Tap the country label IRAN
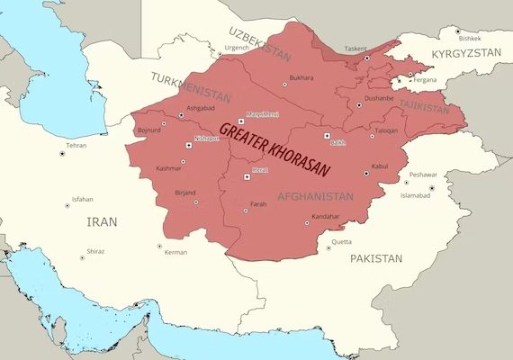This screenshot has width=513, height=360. [x=101, y=220]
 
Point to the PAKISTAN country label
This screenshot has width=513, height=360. [x=376, y=258]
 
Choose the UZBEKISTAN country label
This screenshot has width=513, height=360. [x=260, y=44]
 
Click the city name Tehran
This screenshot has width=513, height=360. [x=77, y=145]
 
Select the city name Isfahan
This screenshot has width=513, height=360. [x=82, y=198]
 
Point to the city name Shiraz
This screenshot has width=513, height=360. [x=95, y=251]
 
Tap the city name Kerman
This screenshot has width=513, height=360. [x=175, y=252]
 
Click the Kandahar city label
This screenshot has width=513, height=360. [x=326, y=217]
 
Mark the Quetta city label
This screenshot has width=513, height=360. [x=341, y=241]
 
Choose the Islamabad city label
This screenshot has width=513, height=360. [x=417, y=195]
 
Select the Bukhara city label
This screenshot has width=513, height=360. [x=301, y=77]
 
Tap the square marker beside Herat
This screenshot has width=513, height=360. [x=247, y=177]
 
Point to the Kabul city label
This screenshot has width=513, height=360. [x=380, y=166]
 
